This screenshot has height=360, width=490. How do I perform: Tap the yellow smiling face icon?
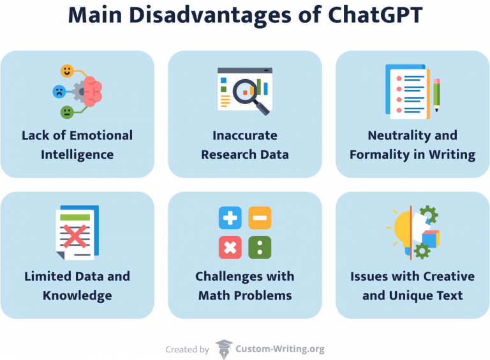pyautogui.click(x=67, y=71)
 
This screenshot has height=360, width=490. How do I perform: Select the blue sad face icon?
pyautogui.click(x=59, y=91)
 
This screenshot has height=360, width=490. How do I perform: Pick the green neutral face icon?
pyautogui.click(x=67, y=112)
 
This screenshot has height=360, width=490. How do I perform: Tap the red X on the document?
pyautogui.click(x=76, y=236)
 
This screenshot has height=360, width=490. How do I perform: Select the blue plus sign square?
pyautogui.click(x=230, y=218)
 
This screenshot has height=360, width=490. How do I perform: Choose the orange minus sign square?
pyautogui.click(x=260, y=218)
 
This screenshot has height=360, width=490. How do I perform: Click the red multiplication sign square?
pyautogui.click(x=230, y=247)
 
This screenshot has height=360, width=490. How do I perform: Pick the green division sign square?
pyautogui.click(x=260, y=247)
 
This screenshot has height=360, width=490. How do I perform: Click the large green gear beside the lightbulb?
pyautogui.click(x=428, y=215)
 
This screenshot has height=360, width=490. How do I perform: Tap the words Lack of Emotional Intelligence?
pyautogui.click(x=77, y=145)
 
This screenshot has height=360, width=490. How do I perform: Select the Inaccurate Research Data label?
pyautogui.click(x=245, y=145)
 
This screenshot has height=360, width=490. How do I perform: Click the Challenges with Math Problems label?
pyautogui.click(x=245, y=286)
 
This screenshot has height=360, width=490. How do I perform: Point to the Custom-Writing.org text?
pyautogui.click(x=280, y=349)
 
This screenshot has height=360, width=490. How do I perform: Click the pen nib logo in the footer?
pyautogui.click(x=223, y=349)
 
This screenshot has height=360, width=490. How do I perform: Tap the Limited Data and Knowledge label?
pyautogui.click(x=77, y=286)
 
